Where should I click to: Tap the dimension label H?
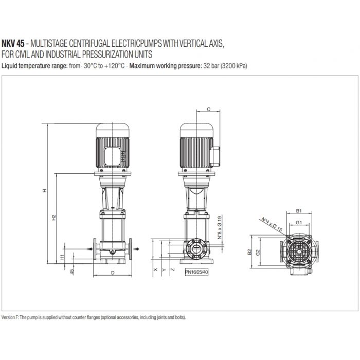pos(45,191)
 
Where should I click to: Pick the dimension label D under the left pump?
pos(112,274)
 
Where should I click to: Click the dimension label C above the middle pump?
pos(208,109)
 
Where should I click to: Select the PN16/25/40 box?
pos(197,272)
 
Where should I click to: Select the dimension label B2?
pos(249,252)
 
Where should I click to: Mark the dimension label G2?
pos(258,252)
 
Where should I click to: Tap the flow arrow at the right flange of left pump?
pos(137,248)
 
